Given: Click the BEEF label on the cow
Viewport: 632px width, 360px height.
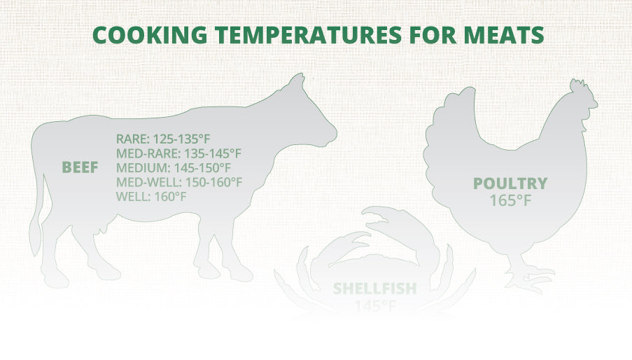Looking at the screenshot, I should tap(80, 167).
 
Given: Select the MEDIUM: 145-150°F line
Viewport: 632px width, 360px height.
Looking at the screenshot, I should tap(174, 167).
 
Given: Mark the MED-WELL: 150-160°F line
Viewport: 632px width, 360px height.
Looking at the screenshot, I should tap(179, 182).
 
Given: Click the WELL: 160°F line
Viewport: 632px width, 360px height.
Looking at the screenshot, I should tap(151, 196).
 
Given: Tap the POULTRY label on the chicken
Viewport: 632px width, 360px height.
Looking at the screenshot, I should tap(510, 184).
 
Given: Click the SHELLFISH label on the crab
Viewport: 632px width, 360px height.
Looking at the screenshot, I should tap(374, 288).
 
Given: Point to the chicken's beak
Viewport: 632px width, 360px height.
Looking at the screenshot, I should tap(595, 108).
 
